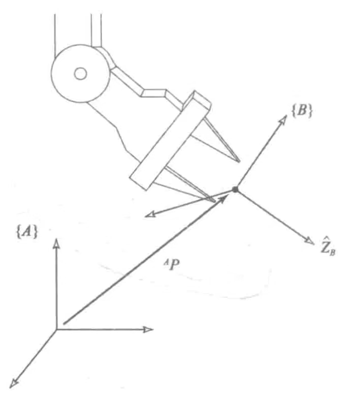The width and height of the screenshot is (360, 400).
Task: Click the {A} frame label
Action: [27, 232]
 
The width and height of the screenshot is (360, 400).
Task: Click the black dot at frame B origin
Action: [235, 190]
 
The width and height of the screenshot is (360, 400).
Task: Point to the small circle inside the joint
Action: [80, 74]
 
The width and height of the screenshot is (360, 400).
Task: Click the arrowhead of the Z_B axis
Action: [309, 240]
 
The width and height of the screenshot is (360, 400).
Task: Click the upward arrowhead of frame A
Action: [56, 242]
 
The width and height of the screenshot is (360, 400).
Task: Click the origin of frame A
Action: [56, 329]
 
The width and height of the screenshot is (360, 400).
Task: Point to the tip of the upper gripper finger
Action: [239, 162]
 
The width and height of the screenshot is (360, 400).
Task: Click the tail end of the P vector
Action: [63, 323]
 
